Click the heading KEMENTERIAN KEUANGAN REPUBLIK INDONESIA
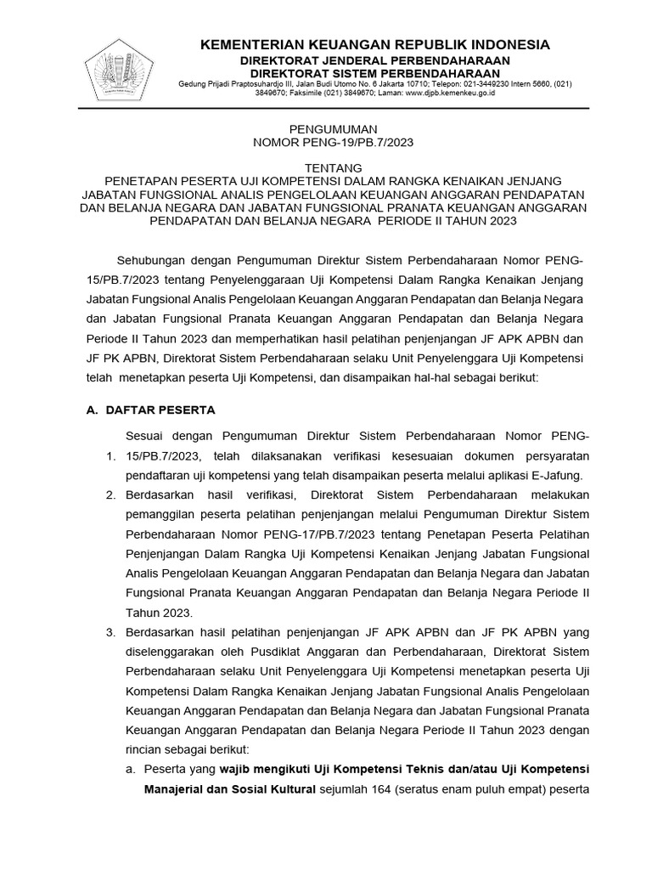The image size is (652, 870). click(374, 45)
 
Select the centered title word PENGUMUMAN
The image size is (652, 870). click(326, 129)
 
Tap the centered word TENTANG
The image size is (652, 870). click(326, 167)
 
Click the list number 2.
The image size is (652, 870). click(110, 494)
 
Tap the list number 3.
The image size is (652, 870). click(110, 632)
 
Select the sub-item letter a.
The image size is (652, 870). click(130, 769)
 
